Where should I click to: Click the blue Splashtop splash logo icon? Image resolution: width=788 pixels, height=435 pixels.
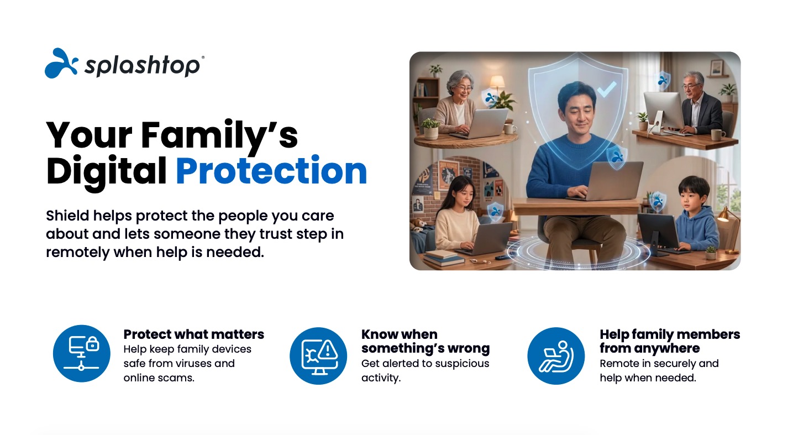[61, 64]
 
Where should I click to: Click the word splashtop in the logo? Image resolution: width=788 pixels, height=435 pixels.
[143, 66]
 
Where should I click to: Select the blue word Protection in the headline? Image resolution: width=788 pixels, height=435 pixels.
[271, 171]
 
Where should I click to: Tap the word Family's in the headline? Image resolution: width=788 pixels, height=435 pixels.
[219, 135]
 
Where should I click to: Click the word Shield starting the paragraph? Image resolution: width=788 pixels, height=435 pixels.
[67, 216]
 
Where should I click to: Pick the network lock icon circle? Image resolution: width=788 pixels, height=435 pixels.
[82, 353]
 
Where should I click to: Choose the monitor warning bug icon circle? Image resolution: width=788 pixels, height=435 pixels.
[318, 355]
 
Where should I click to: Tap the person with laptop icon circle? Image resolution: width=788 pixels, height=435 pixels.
[556, 355]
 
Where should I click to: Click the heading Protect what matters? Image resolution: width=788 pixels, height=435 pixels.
[194, 334]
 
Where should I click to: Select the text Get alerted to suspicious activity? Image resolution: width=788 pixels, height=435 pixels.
[425, 370]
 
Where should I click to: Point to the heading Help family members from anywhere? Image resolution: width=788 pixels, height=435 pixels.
[670, 341]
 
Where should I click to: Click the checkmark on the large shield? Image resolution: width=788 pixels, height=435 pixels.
[607, 90]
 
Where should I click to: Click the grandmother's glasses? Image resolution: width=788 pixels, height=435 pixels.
[464, 88]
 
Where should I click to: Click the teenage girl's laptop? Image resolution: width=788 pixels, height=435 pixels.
[488, 239]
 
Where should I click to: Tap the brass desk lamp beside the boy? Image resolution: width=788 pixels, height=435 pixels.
[728, 229]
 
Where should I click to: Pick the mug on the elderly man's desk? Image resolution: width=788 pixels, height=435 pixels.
[717, 134]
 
